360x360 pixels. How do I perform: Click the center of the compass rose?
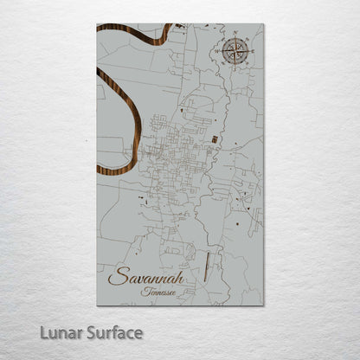point(234,52)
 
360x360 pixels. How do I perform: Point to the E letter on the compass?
point(248,52)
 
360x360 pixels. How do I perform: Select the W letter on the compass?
point(219,52)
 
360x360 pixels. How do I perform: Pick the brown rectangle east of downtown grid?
point(214,137)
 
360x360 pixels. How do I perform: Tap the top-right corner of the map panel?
point(263,24)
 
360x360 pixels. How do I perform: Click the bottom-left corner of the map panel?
point(97,305)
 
